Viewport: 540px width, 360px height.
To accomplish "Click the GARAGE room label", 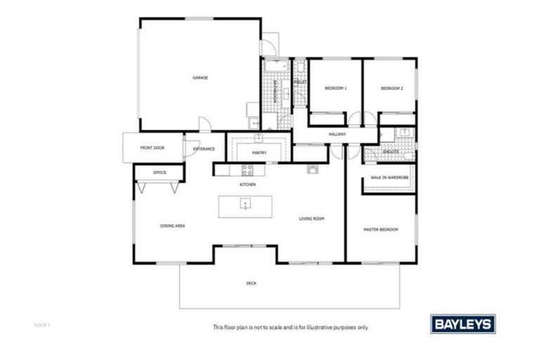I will [x=200, y=78].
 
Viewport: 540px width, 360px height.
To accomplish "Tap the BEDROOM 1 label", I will [x=335, y=89].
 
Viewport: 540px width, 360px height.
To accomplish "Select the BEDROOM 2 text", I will [x=392, y=89].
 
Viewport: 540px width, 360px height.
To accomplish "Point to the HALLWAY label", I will [x=338, y=134].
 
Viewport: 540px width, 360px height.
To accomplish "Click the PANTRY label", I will [x=258, y=152].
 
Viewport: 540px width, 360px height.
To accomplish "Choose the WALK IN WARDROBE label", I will [x=390, y=178].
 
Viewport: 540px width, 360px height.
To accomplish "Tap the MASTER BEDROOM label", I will [x=380, y=230].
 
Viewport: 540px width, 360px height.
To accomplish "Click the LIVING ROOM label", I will [x=311, y=219].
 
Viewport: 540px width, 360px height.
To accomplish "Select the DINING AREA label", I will [x=172, y=226].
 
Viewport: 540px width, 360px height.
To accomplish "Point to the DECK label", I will [x=251, y=283].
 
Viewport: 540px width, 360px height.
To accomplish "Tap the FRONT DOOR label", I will [x=152, y=148].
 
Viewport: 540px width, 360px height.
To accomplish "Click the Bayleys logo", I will [x=462, y=324].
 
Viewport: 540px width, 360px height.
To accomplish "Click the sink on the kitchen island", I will [x=244, y=205].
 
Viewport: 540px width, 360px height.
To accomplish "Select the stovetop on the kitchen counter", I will [x=247, y=169].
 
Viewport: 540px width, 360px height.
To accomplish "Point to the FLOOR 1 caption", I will [x=42, y=326].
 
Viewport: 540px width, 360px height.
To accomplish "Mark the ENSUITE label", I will [x=392, y=151].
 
